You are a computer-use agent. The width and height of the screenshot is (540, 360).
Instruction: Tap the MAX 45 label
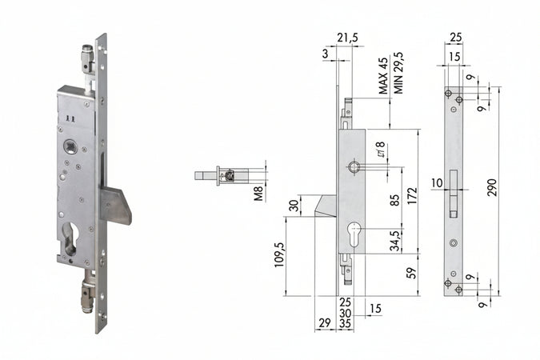tap(383, 76)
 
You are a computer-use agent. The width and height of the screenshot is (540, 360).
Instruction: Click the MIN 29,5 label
tap(399, 72)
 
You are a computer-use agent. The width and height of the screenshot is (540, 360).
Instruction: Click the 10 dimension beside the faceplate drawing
tap(436, 183)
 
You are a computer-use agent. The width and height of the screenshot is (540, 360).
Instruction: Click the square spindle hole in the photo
tap(70, 148)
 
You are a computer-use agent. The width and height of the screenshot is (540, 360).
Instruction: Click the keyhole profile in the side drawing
tap(354, 237)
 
